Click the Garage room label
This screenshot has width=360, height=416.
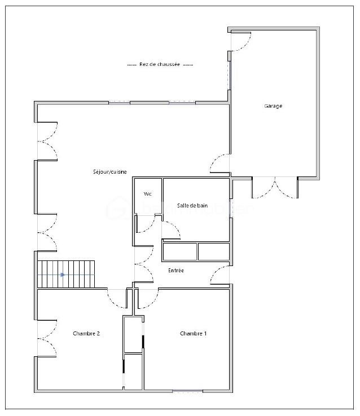pos(273,106)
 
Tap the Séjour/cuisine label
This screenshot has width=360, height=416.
pos(109,172)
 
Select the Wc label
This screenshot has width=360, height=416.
pos(148,194)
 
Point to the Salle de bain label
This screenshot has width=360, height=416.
pos(192,205)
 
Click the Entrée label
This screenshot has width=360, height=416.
pos(175,271)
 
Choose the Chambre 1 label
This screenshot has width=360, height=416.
pos(193,334)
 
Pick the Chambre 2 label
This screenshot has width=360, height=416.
pos(86,334)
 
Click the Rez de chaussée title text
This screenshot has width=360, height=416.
pos(160,64)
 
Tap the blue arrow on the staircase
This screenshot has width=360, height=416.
pos(63,275)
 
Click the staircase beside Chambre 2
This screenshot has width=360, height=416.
pos(66,275)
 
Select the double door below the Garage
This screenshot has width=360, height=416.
pos(275,188)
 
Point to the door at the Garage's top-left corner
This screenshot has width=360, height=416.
pos(241,41)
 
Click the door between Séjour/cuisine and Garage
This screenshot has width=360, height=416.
pos(220,163)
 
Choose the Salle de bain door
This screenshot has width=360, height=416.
pos(171,231)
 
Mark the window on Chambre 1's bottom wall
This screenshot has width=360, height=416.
pos(187,391)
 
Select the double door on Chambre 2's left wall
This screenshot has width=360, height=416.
pos(47,338)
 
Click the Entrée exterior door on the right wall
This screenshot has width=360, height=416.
pos(220,275)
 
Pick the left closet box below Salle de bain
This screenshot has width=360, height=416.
pos(180,251)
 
